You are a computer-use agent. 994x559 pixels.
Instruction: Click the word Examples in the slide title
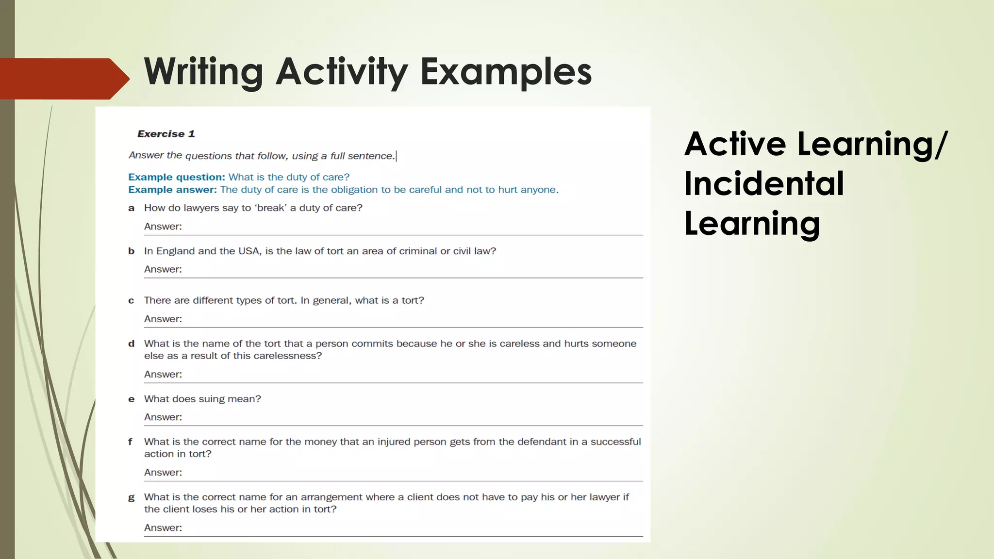click(x=506, y=72)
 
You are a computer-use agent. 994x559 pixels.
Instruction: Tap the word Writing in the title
click(x=203, y=72)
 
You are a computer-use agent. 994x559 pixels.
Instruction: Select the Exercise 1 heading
click(x=166, y=134)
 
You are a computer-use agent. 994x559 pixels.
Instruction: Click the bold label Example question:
click(x=177, y=177)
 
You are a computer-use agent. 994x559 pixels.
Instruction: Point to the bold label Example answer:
click(x=172, y=190)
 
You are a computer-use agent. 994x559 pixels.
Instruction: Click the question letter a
click(x=131, y=208)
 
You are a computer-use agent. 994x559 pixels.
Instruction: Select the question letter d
click(x=131, y=344)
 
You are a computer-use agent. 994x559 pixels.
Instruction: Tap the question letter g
click(x=131, y=497)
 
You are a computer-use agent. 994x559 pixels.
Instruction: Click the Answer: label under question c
click(x=163, y=319)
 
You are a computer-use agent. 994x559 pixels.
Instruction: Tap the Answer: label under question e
click(x=163, y=417)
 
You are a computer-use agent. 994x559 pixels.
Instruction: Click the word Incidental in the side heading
click(x=764, y=184)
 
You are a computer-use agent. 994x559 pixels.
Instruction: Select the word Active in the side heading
click(x=735, y=144)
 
